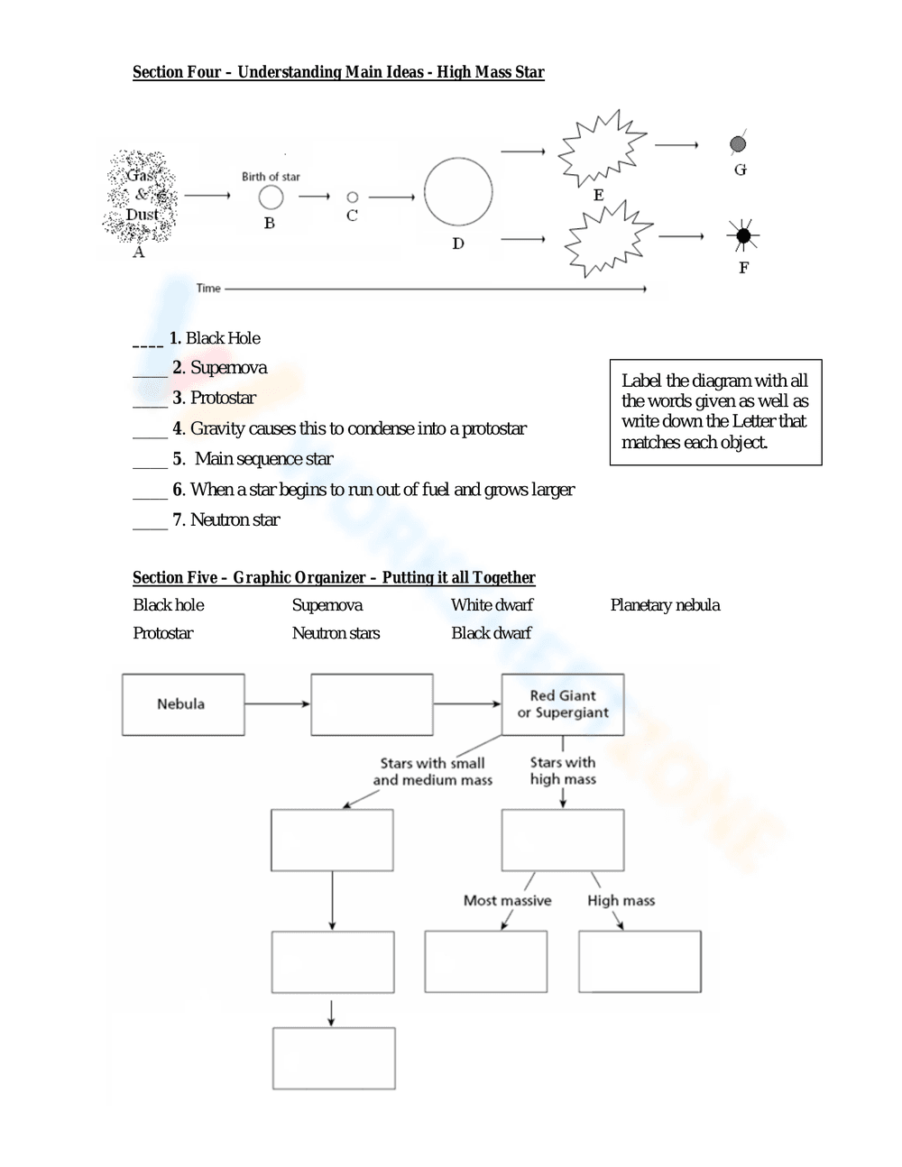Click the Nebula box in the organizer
pos(183,704)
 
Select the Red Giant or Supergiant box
pos(563,704)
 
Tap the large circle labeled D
pos(458,192)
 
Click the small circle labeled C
pos(353,197)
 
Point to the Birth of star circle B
pos(271,197)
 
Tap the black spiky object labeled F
pos(742,236)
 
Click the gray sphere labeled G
pos(738,143)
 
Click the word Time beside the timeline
pos(208,289)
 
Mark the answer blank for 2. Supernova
pos(150,369)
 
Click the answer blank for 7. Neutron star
pos(150,520)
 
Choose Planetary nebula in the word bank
pos(665,605)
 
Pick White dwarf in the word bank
pos(492,605)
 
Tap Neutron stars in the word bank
pos(336,633)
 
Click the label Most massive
pos(507,900)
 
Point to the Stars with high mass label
pos(563,771)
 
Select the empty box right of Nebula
pos(372,704)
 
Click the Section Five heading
pos(334,577)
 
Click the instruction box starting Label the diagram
pos(715,412)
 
